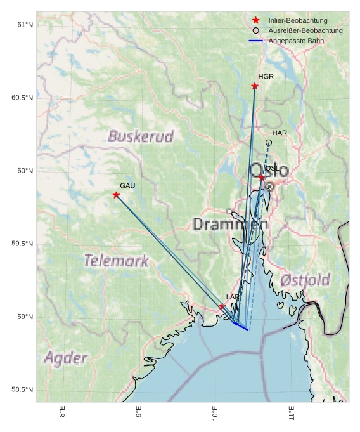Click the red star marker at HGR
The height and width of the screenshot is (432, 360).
point(255,86)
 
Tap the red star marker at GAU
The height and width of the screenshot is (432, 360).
point(116,195)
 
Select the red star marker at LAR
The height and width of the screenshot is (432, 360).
point(222,306)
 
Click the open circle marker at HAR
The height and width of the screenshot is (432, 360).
point(269,143)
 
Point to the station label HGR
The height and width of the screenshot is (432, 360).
point(266,76)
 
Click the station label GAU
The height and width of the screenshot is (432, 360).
point(127,185)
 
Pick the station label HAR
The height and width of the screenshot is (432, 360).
point(280,133)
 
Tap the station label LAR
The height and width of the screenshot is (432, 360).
point(233,297)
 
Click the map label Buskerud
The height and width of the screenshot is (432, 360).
point(140,136)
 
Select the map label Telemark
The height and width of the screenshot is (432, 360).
point(117,261)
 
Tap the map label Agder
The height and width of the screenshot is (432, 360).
point(65,358)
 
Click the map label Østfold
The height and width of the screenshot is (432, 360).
point(305,280)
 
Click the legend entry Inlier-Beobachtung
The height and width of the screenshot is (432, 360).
point(298,20)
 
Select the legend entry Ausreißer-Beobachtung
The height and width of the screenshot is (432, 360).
point(305,30)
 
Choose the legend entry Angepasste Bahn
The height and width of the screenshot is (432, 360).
point(295,41)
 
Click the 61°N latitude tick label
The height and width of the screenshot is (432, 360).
point(25,25)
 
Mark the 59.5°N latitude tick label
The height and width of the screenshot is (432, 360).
point(22,244)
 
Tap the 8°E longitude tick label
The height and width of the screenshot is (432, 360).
point(62,412)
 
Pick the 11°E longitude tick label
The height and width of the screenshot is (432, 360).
point(292,412)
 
